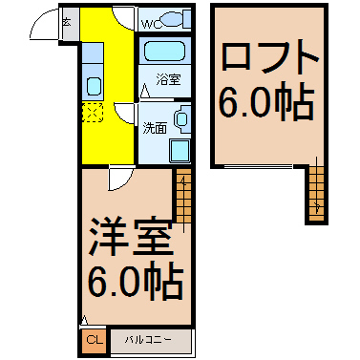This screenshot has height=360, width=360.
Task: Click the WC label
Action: click(x=150, y=24)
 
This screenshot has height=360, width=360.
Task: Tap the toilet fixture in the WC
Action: click(x=173, y=20)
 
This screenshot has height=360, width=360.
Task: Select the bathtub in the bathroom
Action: click(x=164, y=52)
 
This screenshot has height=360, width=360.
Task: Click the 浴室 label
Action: click(x=168, y=79)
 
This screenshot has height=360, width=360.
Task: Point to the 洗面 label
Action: click(x=155, y=128)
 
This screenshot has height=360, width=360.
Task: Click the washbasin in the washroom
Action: click(x=181, y=119)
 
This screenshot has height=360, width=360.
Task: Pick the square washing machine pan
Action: click(x=180, y=151)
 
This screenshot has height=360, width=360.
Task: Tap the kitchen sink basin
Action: click(x=95, y=86)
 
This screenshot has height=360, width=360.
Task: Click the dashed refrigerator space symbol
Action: click(x=93, y=112)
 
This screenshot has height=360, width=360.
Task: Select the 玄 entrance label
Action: click(x=66, y=23)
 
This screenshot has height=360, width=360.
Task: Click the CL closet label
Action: click(x=95, y=340)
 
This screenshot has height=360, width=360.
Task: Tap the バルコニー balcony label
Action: click(x=148, y=340)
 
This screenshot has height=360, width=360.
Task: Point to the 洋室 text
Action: click(x=131, y=237)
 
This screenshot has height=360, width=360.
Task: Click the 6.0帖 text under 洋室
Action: click(x=136, y=282)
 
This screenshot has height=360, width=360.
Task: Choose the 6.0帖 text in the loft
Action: click(x=266, y=101)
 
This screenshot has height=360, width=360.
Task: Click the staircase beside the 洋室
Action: click(x=183, y=196)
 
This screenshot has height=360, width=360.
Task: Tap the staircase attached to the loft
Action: click(x=316, y=194)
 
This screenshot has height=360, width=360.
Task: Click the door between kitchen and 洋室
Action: click(x=120, y=179)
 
